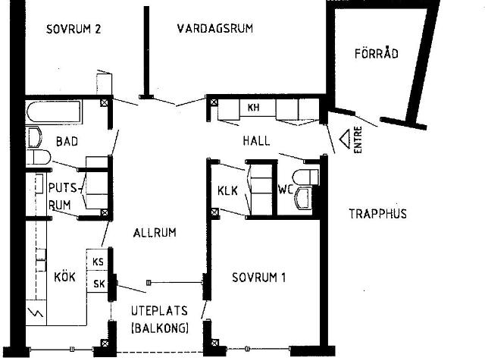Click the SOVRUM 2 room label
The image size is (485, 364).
pos(74,30)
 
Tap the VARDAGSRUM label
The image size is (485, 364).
pos(214,29)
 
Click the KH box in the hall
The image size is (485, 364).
pos(253,108)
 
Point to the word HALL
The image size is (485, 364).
pos(256,142)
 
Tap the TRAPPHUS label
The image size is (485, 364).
pos(377,214)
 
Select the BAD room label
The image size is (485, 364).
pos(67,142)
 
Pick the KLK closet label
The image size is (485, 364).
pos(228,190)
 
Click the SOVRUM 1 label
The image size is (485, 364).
pos(258,278)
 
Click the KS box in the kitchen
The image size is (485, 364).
pos(98,262)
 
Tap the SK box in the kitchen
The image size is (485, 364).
pos(98,284)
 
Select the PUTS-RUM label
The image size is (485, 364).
pos(61,196)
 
